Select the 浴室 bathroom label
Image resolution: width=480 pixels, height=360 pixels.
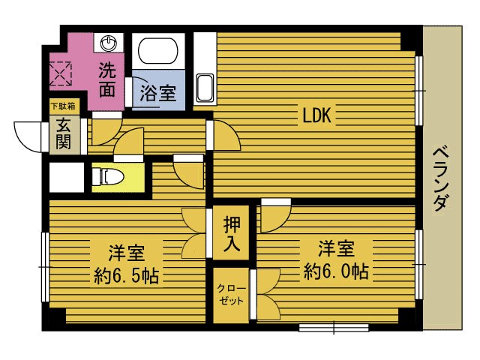(158, 94)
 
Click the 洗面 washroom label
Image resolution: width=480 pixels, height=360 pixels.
(107, 82)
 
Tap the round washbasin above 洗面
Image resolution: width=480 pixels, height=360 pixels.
(109, 43)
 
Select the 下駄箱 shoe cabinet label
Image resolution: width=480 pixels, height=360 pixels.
(63, 106)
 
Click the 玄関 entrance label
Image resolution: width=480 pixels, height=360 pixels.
(63, 133)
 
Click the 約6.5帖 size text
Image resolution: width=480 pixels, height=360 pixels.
(126, 274)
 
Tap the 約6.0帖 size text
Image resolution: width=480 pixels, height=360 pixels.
(336, 271)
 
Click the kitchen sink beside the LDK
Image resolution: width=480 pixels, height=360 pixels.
(204, 87)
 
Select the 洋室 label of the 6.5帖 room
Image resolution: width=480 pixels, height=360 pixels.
(124, 250)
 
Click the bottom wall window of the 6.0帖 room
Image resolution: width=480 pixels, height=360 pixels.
(333, 327)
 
